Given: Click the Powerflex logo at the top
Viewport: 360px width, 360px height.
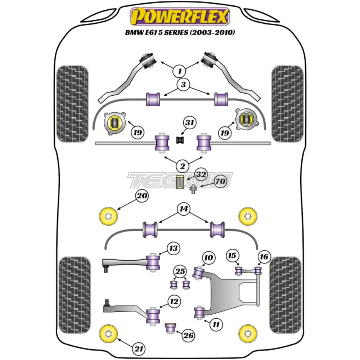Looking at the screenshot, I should pos(180,17).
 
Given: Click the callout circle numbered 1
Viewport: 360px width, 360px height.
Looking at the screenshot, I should pos(179,71).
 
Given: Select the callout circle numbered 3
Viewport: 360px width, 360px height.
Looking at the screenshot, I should pos(184,85).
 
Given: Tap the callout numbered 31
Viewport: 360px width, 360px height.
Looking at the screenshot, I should pos(190,123).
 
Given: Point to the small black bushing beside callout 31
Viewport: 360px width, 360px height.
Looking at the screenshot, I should pos(180,139).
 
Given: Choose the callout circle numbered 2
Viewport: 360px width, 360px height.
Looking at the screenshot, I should pos(183,166).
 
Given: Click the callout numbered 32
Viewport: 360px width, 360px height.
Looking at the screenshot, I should pos(201,175).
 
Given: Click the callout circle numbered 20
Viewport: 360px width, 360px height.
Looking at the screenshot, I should pos(141,196).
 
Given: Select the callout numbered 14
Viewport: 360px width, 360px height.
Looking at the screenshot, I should pos(184,209).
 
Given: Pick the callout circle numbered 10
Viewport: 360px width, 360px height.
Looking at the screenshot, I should pos(209,258).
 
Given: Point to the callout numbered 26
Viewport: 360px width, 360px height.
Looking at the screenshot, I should pos(188,336).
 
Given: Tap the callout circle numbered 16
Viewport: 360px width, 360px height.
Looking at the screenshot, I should pos(264,257).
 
